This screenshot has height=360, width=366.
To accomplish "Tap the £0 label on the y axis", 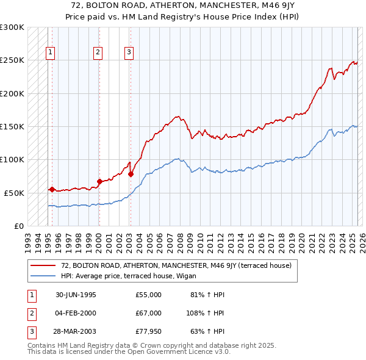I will [x=18, y=226].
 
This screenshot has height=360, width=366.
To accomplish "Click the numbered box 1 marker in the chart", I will [x=50, y=53].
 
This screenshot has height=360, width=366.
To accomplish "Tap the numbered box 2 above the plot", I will [x=98, y=53].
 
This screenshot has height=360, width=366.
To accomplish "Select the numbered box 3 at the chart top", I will [x=129, y=53].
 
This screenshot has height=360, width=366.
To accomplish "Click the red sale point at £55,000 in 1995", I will [x=52, y=189].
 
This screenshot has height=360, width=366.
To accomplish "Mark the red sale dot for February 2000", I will [x=99, y=181].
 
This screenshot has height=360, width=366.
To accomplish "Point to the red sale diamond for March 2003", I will [x=131, y=174].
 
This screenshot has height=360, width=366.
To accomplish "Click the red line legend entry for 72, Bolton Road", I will [x=176, y=265].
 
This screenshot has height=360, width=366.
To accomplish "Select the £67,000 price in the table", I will [x=149, y=313].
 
